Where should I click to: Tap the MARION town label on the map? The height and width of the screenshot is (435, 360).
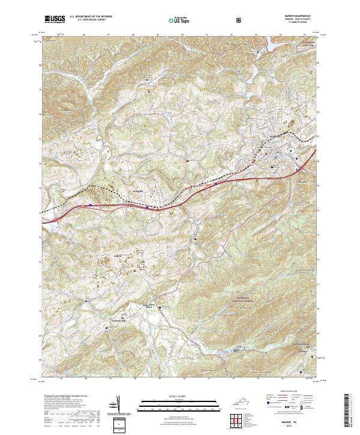(276, 136)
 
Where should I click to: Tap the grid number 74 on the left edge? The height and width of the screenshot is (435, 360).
(40, 212)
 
